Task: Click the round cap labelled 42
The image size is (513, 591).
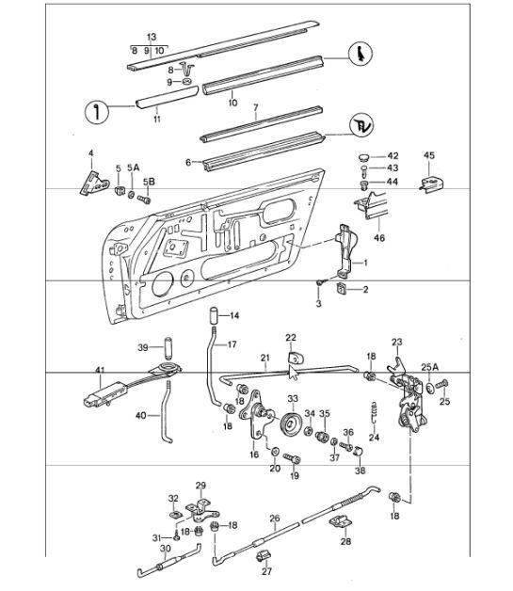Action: point(364,156)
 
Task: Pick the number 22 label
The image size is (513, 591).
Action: point(291,337)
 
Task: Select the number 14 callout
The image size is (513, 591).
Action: point(235,314)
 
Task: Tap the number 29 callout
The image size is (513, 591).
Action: point(200,486)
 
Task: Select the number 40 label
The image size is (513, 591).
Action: point(141,415)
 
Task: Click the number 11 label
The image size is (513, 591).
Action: point(156,120)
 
